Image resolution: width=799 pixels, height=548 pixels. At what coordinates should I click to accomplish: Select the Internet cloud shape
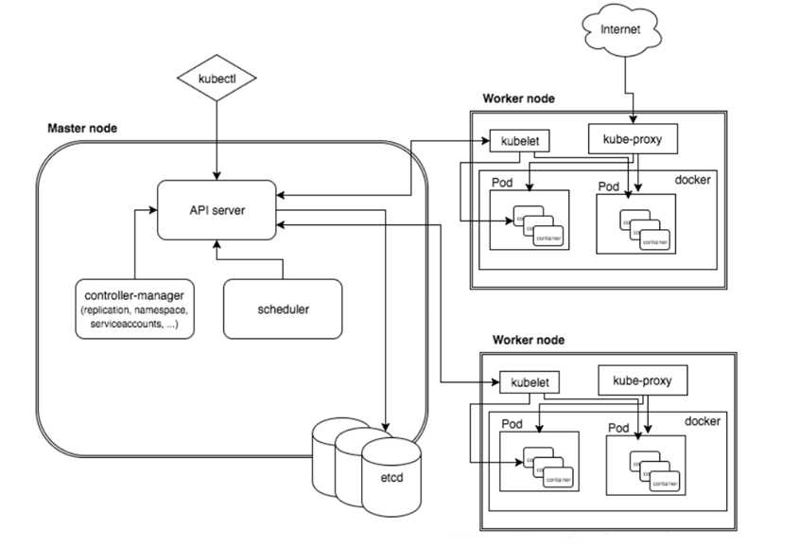[x=620, y=29]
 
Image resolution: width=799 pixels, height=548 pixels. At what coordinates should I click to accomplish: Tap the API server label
[x=217, y=209]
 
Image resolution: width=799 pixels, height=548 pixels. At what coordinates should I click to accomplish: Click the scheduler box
[x=283, y=309]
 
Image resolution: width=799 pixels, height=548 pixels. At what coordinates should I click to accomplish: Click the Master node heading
[x=82, y=128]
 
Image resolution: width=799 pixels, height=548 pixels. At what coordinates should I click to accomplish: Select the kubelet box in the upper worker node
[x=515, y=142]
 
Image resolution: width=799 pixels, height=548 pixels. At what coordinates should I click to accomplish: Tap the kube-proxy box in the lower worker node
[x=642, y=381]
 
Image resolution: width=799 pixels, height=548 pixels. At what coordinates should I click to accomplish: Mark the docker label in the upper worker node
[x=691, y=179]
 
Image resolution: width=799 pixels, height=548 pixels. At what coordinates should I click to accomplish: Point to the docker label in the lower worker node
[x=702, y=420]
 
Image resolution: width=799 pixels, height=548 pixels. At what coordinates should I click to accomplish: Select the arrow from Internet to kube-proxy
[x=621, y=85]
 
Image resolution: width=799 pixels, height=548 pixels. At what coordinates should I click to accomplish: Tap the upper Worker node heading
[x=518, y=98]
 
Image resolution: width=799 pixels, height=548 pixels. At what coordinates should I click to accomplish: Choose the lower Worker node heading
[x=530, y=339]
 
